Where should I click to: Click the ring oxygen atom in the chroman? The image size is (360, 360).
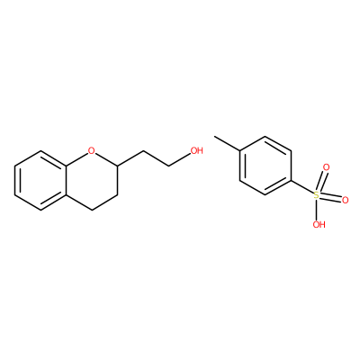92,150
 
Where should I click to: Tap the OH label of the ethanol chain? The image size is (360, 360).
196,150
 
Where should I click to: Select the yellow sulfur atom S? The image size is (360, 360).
317,195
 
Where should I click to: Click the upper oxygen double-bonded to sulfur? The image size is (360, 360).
326,167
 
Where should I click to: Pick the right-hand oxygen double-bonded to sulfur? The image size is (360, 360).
345,201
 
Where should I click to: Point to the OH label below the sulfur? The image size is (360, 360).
319,224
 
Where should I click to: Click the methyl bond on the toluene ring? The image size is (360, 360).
227,143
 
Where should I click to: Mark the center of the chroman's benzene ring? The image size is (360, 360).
40,180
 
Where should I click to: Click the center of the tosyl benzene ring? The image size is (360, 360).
265,166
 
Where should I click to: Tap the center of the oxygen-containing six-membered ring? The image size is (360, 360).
92,180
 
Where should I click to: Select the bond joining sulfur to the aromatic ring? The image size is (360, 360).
302,187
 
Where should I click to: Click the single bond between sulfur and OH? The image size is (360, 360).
318,210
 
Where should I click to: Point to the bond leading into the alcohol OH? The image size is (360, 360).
180,159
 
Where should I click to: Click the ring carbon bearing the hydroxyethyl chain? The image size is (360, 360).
117,165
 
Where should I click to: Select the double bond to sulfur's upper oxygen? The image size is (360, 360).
321,181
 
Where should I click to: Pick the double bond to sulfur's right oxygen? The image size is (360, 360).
331,198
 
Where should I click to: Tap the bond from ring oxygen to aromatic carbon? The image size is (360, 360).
76,158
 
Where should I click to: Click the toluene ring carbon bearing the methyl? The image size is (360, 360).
239,150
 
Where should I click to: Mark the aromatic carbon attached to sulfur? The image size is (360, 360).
291,181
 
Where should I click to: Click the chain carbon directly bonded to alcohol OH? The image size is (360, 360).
169,166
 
